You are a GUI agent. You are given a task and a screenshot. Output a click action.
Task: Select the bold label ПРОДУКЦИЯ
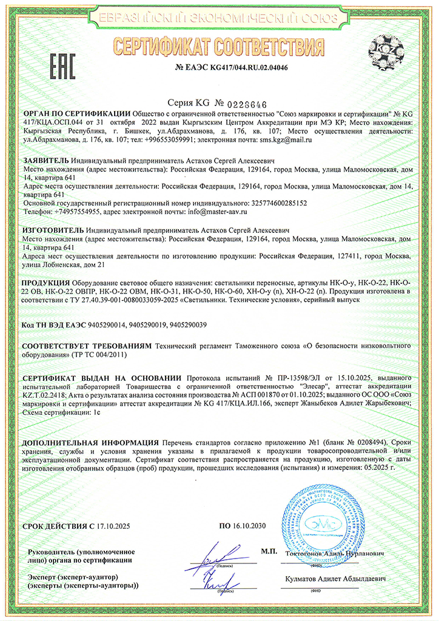point(46,283)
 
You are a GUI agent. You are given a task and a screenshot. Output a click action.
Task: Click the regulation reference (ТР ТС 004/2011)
point(100,354)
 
